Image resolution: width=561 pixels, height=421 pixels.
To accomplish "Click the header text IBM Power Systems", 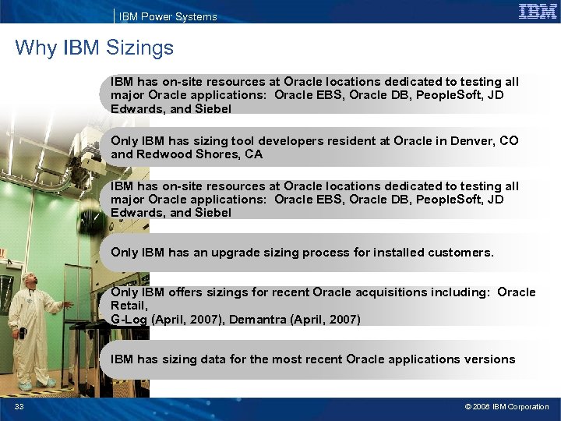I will click(168, 16).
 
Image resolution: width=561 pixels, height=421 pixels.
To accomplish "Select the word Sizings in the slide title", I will click(142, 48).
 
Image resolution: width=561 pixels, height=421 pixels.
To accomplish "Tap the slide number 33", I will click(19, 407).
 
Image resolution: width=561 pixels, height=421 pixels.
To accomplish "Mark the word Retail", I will click(127, 306).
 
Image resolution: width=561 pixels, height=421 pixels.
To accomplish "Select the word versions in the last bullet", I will click(489, 359).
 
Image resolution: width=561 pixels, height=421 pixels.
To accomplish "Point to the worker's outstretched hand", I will click(71, 302).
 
